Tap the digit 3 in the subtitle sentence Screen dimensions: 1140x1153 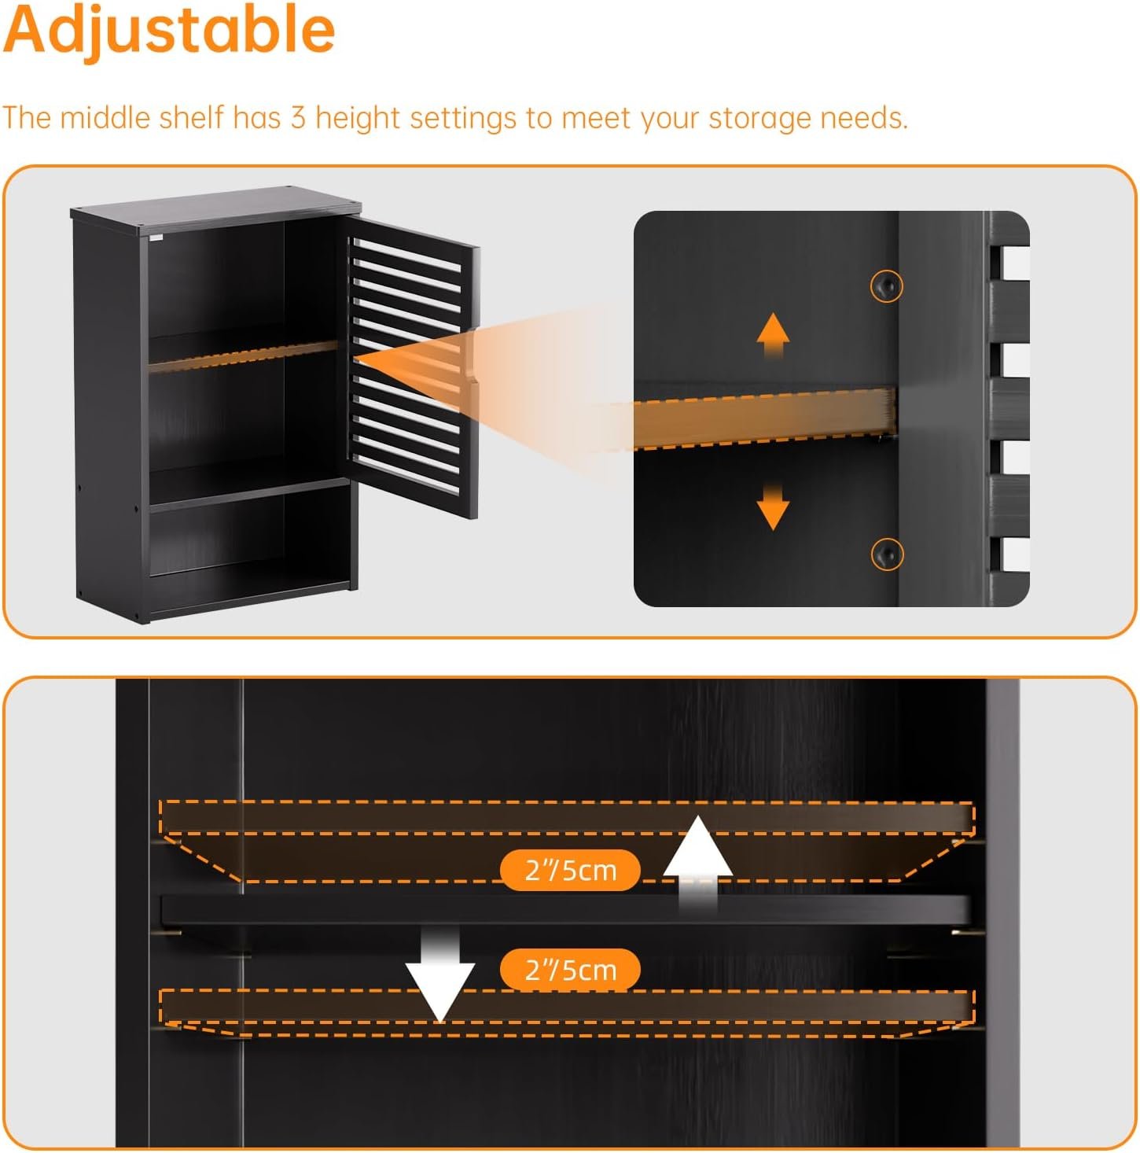click(x=299, y=117)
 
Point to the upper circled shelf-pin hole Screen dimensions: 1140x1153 click(x=886, y=286)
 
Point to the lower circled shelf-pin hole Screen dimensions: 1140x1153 click(x=886, y=554)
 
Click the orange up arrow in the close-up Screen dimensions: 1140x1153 click(x=773, y=335)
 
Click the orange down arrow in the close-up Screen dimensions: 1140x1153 click(x=773, y=507)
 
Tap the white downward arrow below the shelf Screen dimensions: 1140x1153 click(x=439, y=974)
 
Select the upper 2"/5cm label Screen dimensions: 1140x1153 click(x=570, y=870)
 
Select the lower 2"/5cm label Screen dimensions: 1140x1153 click(x=570, y=969)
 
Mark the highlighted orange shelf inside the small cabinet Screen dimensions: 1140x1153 click(x=243, y=356)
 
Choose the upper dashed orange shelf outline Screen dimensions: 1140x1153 click(x=567, y=841)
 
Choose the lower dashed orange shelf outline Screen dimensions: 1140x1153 click(x=567, y=1013)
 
